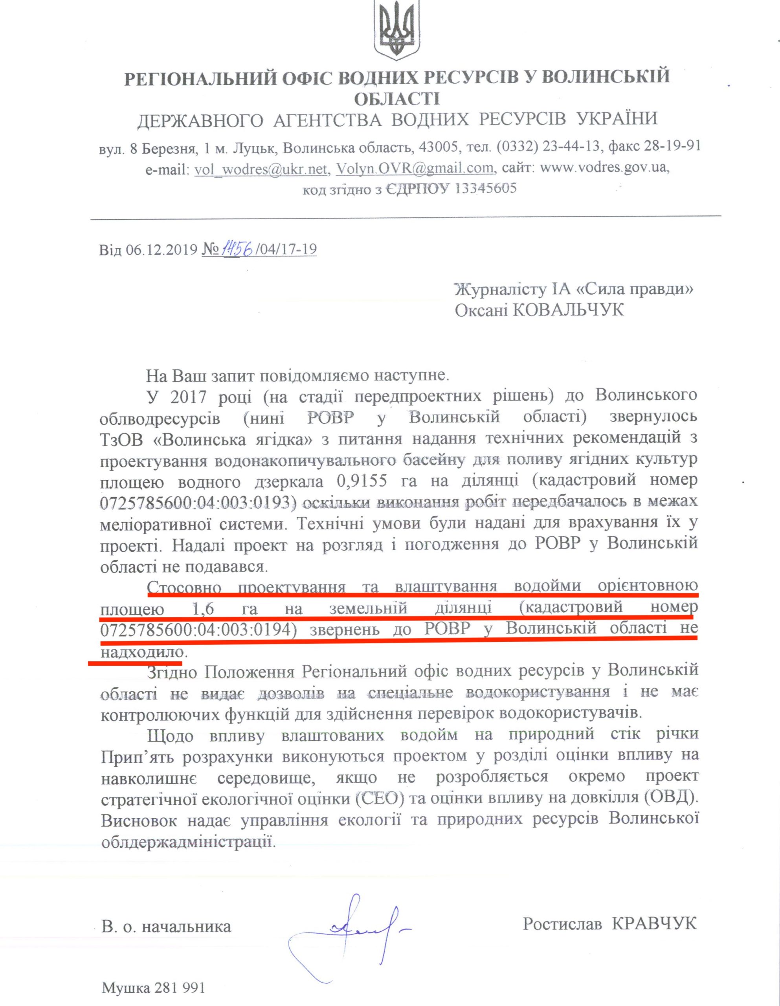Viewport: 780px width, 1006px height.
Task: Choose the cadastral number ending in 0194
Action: click(198, 630)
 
